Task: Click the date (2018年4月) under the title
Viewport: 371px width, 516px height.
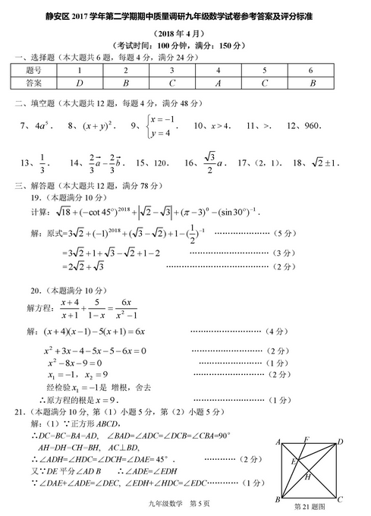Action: point(186,34)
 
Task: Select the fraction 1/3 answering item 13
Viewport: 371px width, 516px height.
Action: point(42,162)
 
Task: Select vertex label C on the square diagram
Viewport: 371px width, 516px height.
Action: point(340,499)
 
